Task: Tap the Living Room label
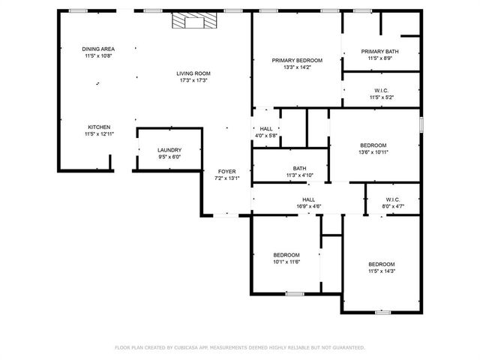coord(193,73)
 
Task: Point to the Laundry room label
coord(169,150)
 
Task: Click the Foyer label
coord(226,172)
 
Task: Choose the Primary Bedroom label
coord(297,60)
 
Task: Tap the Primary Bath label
coord(381,51)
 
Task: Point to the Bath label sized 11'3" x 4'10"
coord(300,169)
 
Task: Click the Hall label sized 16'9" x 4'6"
coord(307,199)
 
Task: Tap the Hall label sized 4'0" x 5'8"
coord(266,129)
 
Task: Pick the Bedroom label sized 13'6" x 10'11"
coord(373,145)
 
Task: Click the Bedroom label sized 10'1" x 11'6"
coord(286,254)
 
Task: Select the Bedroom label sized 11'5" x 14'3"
coord(381,264)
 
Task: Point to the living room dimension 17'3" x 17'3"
coord(193,80)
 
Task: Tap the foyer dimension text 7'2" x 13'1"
coord(226,178)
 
